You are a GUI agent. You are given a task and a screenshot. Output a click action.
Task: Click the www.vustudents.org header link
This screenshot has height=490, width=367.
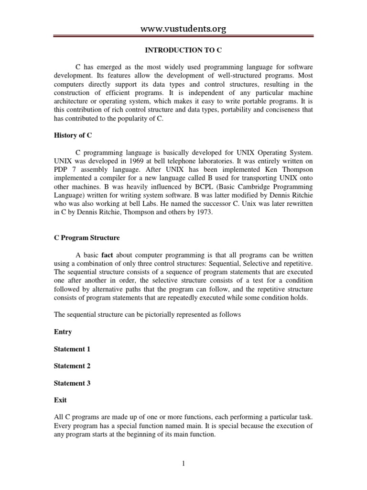click(x=183, y=30)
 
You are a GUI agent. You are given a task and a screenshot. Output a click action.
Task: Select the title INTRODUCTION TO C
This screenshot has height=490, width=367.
click(x=183, y=50)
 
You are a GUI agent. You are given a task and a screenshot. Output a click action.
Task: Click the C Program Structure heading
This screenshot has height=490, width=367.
click(x=86, y=238)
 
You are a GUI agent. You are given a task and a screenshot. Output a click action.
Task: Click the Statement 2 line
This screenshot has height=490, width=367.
click(x=72, y=366)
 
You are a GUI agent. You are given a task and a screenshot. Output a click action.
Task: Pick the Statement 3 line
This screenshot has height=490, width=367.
click(x=72, y=383)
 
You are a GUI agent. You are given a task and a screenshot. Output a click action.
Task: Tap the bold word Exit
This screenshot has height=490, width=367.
click(x=60, y=401)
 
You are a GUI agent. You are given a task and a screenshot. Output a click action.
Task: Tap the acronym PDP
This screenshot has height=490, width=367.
click(x=61, y=169)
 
